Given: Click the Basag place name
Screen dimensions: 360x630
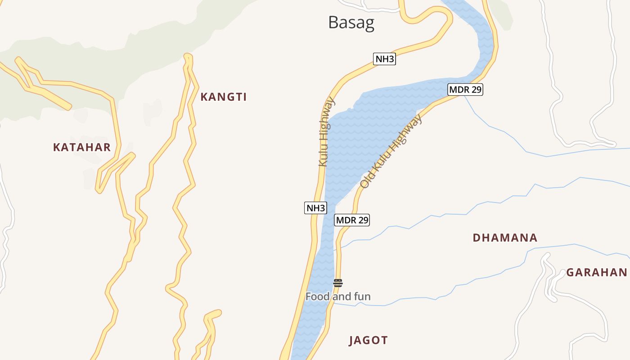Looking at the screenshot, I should [x=351, y=22].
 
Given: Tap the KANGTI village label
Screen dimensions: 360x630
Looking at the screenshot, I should [x=224, y=97].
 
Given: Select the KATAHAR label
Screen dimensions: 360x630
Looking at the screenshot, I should [x=82, y=147].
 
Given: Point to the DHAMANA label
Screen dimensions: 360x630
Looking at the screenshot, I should [x=505, y=238].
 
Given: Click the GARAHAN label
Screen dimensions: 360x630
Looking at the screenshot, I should [x=596, y=272].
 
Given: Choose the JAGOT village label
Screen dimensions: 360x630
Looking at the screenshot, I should [x=368, y=340].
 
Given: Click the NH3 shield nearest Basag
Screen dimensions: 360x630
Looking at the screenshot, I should [x=384, y=59].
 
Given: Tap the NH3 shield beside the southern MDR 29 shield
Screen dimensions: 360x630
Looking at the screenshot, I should [x=315, y=208].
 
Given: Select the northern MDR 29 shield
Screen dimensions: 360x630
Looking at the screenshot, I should [x=465, y=90].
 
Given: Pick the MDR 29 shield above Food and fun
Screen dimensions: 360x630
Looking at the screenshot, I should [x=352, y=220].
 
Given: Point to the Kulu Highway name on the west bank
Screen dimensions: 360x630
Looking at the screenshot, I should [x=327, y=131].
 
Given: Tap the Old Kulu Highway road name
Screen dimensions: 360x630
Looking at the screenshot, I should [x=391, y=151].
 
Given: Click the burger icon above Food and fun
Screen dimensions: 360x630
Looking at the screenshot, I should [x=338, y=283].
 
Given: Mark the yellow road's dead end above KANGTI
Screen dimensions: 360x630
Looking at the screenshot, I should [x=188, y=56].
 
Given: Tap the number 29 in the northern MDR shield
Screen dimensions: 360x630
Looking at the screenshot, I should [x=476, y=90].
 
